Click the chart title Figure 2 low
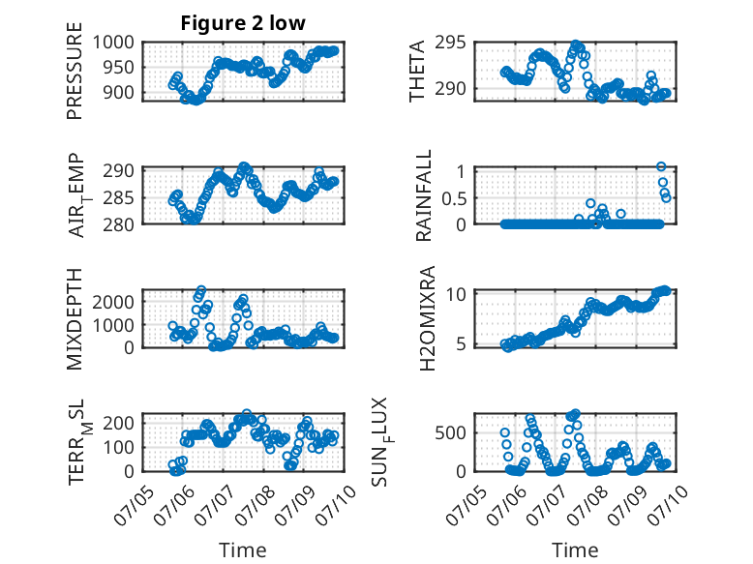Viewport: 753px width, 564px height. tap(243, 23)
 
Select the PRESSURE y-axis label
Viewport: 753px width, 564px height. tap(75, 71)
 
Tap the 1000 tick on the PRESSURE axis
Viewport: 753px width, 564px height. tap(113, 43)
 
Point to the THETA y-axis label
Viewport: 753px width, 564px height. tap(417, 71)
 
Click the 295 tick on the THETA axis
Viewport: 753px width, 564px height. tap(450, 43)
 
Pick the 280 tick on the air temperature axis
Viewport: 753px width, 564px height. tap(119, 224)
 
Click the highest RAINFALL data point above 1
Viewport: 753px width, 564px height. tap(661, 166)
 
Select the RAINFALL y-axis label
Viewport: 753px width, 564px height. tap(424, 195)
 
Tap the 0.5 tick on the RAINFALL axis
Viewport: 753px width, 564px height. tap(454, 197)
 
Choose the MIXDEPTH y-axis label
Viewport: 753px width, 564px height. tap(75, 319)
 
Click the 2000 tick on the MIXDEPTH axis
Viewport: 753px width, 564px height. tap(113, 302)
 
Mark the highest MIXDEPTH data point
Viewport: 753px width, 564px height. tap(201, 289)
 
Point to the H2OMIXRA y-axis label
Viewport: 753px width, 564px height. tap(427, 318)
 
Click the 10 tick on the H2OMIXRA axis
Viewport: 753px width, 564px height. tap(456, 293)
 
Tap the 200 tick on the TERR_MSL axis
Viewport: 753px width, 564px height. tap(119, 423)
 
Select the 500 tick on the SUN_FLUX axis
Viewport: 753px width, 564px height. tap(450, 432)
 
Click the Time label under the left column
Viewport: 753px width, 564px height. tap(243, 550)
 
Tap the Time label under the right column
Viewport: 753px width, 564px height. tap(575, 550)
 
